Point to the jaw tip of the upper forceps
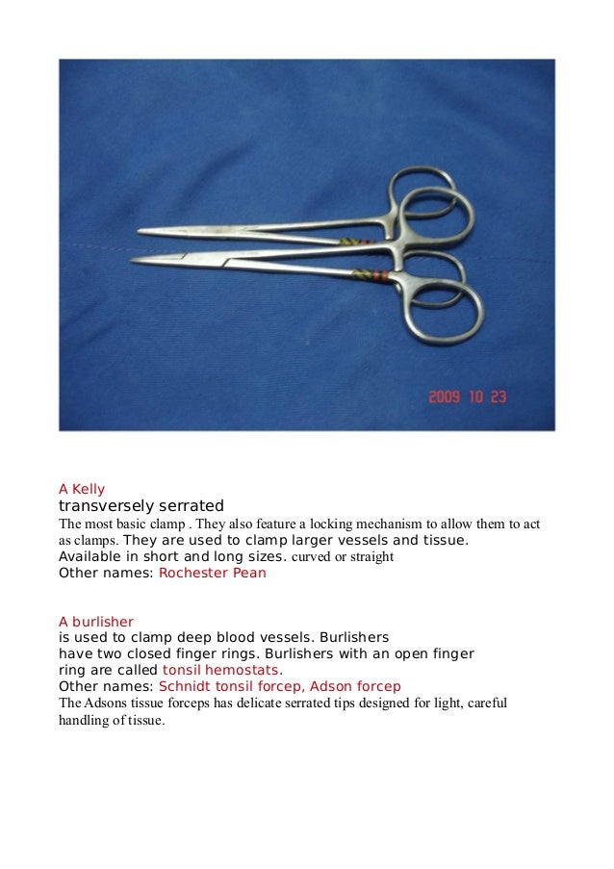[x=141, y=232]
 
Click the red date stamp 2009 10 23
[x=468, y=396]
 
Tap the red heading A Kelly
[x=82, y=489]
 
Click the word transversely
[x=106, y=506]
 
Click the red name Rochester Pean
[x=212, y=574]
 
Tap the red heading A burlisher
[x=96, y=622]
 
